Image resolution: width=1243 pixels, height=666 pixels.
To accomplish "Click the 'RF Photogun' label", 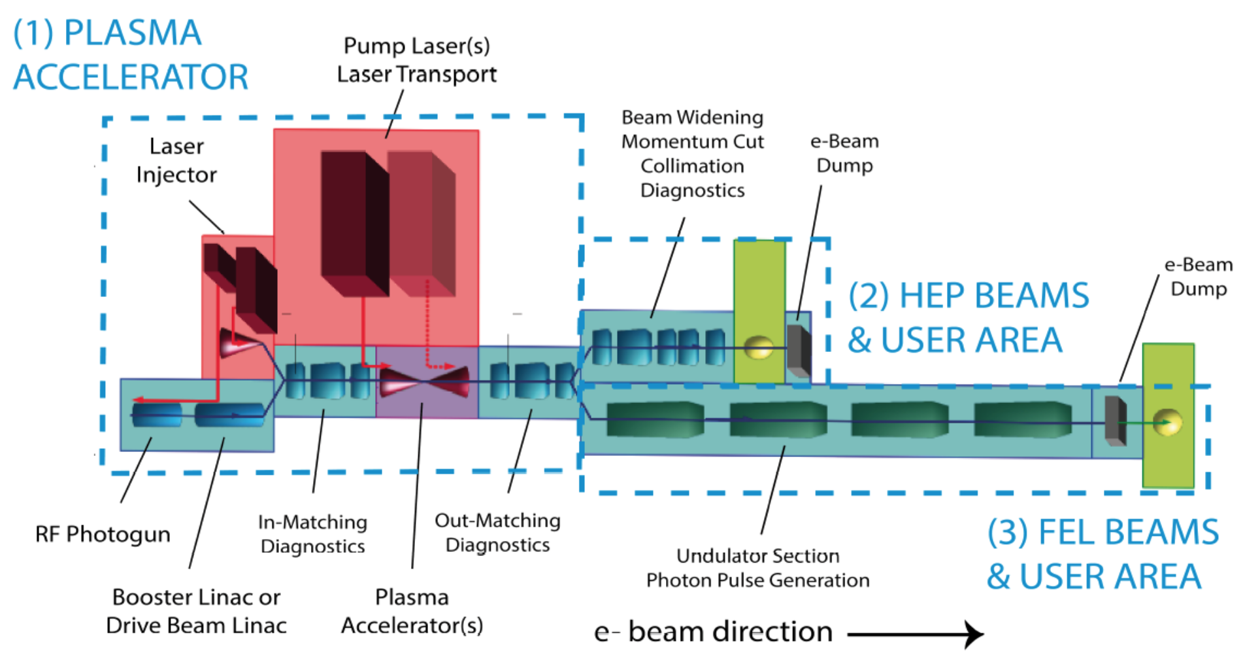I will coord(103,535).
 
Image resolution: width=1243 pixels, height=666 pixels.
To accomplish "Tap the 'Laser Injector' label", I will coord(176,160).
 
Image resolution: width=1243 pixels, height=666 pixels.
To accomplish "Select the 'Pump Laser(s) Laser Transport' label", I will coord(417,60).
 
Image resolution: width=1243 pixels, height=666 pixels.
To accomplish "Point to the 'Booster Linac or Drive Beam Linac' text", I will coord(196,611).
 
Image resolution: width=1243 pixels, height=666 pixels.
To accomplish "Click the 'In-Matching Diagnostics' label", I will coord(312,534).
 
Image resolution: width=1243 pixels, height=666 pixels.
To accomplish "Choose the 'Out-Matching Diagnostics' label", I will coord(497,533).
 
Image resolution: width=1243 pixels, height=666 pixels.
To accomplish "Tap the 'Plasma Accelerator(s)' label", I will coord(412,611).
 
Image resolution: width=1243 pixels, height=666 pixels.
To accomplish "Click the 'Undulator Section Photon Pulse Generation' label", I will coord(757,568).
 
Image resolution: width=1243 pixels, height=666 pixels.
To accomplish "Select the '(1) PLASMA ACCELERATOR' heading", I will coord(131,55).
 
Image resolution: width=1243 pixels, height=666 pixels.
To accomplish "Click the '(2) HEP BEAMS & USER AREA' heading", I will coord(969,318).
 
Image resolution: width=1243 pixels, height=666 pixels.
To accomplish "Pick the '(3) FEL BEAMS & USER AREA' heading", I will coord(1102,554).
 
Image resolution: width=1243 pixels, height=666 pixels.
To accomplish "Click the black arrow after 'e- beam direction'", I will coord(916,634).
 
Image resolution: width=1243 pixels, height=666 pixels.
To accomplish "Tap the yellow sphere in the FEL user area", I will coord(1168,422).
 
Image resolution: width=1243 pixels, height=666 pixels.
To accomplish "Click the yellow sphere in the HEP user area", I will coord(758,347).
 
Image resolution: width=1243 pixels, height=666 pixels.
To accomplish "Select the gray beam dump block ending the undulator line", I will coord(1115,421).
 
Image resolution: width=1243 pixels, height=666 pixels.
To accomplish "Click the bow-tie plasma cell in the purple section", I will coord(425,381).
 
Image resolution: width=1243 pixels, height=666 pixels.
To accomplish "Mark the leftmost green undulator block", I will coord(655,419).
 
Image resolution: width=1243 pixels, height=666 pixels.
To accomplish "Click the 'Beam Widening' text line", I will coord(692,118).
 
